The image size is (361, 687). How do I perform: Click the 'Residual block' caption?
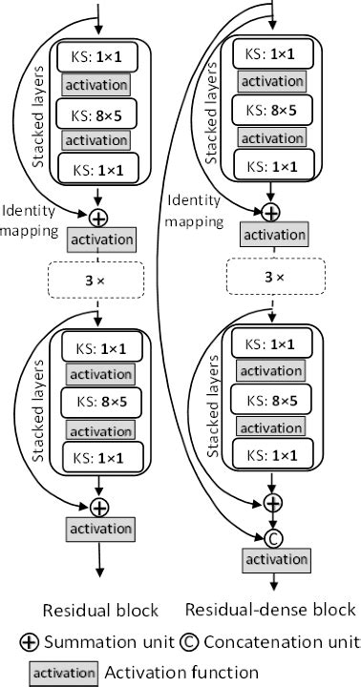tap(99, 610)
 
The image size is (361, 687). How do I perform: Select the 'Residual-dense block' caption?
tap(269, 610)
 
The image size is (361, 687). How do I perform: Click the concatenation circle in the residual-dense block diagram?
tap(273, 537)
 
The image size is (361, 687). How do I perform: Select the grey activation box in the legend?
tap(65, 673)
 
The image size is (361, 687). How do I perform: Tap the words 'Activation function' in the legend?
tap(181, 673)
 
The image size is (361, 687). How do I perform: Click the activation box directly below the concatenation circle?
tap(273, 559)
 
